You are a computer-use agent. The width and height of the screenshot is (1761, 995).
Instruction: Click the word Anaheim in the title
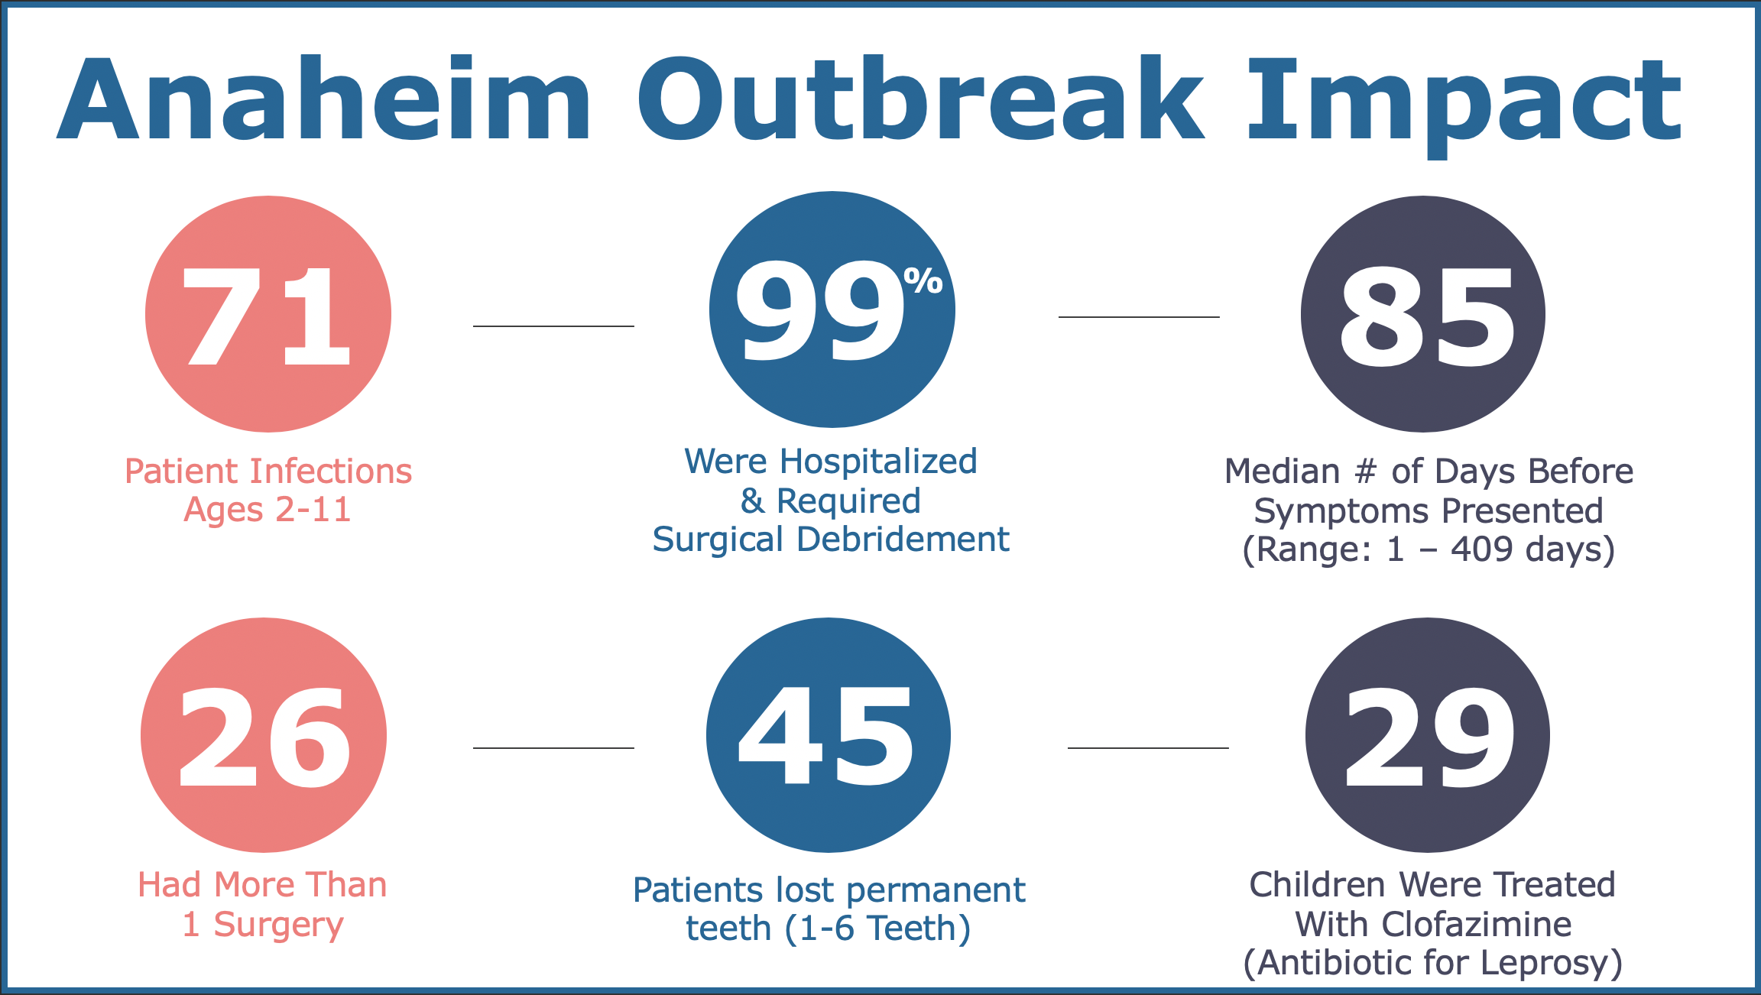[x=325, y=99]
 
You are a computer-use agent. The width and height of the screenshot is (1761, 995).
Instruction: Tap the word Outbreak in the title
[x=920, y=99]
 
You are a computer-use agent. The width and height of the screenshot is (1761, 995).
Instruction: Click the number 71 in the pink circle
[x=268, y=316]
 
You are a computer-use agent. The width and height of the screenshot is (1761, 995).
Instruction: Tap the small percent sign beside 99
[x=923, y=280]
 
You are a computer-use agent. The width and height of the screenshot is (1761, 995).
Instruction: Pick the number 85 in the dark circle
[x=1426, y=317]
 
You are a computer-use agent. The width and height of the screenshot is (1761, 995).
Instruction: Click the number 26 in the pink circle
[x=264, y=737]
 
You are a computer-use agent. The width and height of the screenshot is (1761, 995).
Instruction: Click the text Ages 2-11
[x=268, y=510]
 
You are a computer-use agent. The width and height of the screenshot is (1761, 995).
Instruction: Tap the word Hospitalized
[x=877, y=462]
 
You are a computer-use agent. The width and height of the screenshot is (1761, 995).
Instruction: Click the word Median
[x=1282, y=472]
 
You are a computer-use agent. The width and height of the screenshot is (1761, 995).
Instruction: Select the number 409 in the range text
[x=1481, y=549]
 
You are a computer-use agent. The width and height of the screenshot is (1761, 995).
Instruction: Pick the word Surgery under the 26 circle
[x=278, y=925]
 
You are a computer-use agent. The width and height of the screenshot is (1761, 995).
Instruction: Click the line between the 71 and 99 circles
[x=553, y=326]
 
